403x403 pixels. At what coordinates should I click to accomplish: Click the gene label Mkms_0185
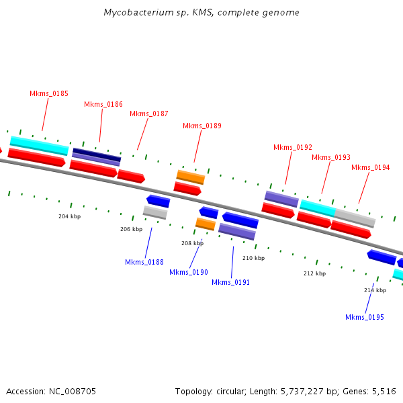click(49, 93)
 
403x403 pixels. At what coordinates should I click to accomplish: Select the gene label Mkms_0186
click(103, 104)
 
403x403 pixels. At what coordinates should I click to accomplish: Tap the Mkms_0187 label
click(149, 114)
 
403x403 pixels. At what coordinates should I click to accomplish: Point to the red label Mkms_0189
click(202, 126)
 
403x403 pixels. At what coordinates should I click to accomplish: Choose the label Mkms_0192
click(293, 147)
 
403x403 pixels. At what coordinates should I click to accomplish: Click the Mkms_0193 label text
click(331, 157)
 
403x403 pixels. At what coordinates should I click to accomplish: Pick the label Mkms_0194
click(371, 167)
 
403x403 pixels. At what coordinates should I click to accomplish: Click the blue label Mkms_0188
click(144, 262)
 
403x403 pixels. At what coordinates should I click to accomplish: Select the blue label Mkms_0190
click(189, 272)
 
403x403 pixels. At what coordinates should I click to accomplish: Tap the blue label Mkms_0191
click(231, 282)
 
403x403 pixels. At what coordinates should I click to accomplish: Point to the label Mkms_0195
click(365, 317)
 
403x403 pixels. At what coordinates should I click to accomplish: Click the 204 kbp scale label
click(69, 216)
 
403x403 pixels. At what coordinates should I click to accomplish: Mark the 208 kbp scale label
click(192, 243)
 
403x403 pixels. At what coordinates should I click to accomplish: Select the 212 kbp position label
click(314, 273)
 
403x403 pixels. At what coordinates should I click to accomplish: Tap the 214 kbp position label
click(375, 290)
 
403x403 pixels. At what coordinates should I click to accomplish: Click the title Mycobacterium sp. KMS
click(201, 13)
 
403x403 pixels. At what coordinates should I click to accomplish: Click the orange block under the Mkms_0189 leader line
click(191, 177)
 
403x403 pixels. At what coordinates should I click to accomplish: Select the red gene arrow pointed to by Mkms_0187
click(131, 177)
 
